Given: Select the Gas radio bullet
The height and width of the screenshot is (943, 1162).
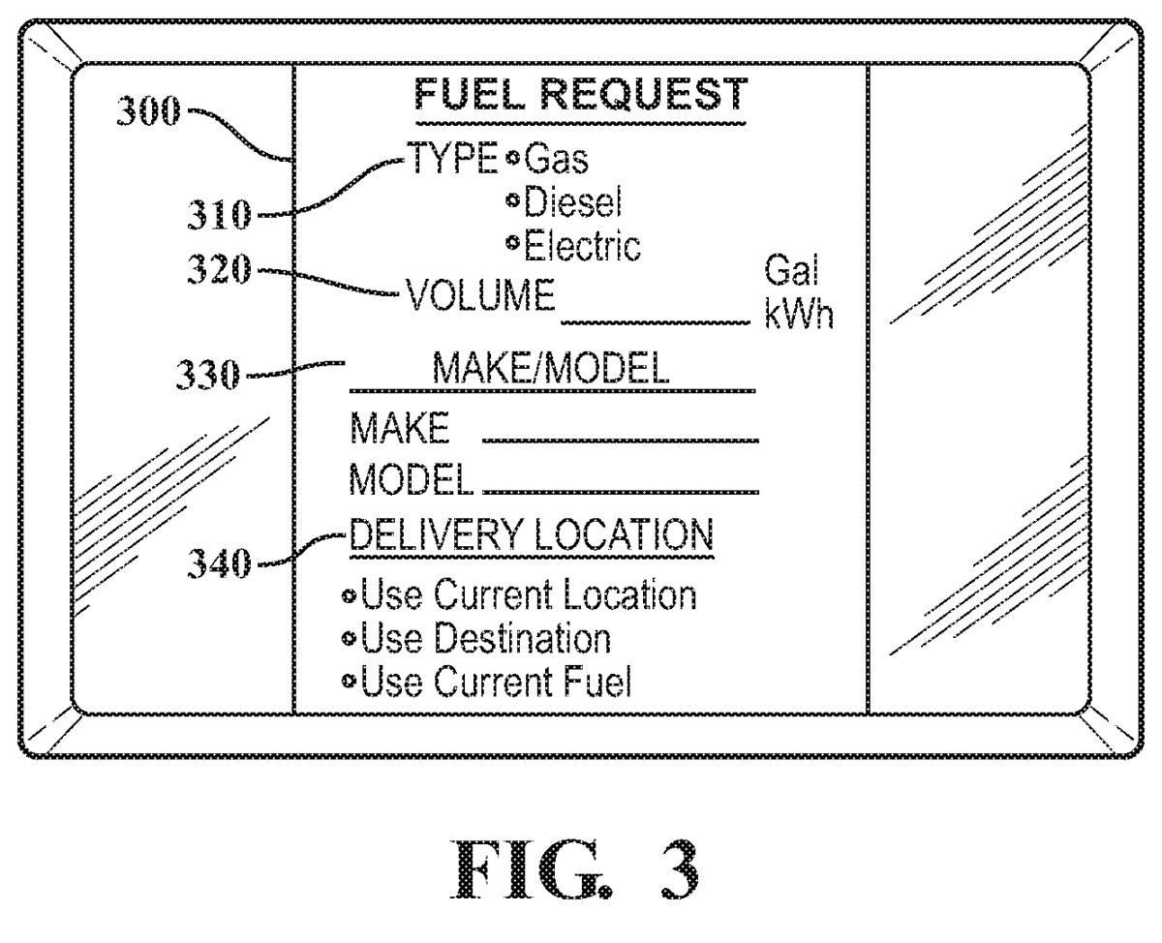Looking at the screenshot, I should (x=511, y=159).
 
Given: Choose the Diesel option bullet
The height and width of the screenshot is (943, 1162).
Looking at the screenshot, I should (x=511, y=199).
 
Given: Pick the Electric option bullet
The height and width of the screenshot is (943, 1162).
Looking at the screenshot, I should (x=511, y=242).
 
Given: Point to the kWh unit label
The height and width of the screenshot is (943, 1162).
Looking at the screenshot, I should (x=799, y=316).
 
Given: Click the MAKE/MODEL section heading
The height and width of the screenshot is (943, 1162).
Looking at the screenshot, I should (x=549, y=370).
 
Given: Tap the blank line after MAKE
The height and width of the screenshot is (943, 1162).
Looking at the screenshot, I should (x=620, y=438).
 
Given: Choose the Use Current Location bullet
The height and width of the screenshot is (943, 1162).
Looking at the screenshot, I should (x=350, y=594).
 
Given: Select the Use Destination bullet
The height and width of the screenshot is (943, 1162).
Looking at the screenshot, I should (x=350, y=639).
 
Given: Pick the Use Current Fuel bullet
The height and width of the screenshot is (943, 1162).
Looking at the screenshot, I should (x=350, y=684).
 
